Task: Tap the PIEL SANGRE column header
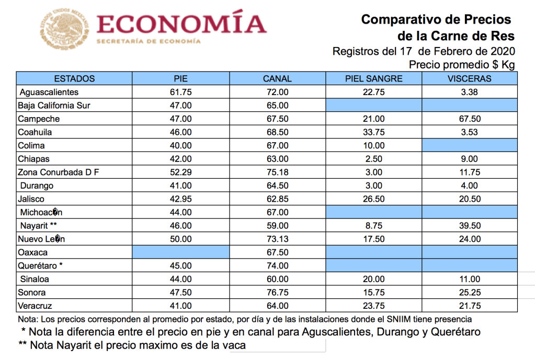pos(374,79)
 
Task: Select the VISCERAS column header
pos(470,79)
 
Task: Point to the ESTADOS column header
pos(74,79)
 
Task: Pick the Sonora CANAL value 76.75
pos(277,293)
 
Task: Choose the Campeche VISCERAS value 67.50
pos(470,119)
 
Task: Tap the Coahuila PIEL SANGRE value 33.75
pos(374,132)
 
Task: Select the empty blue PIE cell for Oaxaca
pos(180,252)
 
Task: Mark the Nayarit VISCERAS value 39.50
pos(470,226)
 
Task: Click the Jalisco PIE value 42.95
pos(180,199)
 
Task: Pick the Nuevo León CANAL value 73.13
pos(277,239)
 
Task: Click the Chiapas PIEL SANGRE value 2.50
pos(374,159)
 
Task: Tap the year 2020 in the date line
pos(503,51)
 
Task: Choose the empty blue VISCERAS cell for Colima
pos(470,145)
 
